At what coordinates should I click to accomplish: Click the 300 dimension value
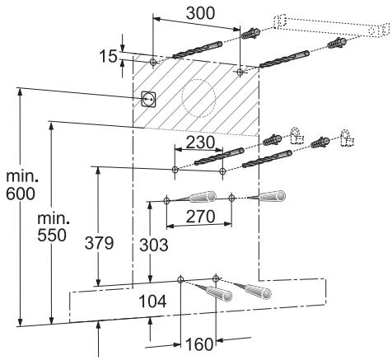coord(200,13)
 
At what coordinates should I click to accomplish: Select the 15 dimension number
coord(108,57)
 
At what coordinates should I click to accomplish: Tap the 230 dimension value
coord(200,143)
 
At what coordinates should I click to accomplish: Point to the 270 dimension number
coord(200,217)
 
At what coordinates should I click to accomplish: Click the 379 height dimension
coord(99,243)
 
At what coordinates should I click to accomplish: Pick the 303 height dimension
coord(154,245)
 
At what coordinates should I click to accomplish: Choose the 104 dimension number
coord(152,302)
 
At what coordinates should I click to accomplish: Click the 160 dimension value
coord(199,344)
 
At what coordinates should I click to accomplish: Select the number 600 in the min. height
coord(21,194)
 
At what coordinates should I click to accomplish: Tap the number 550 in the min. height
coord(52,236)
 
